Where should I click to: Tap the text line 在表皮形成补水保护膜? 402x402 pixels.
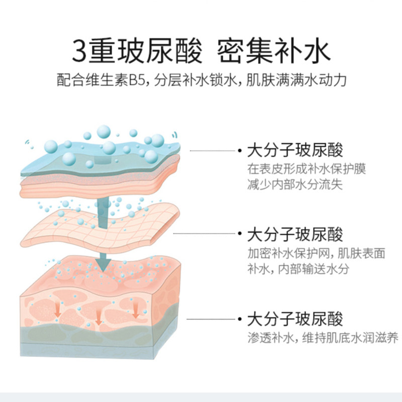306,169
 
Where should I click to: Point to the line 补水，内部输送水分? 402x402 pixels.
298,268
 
